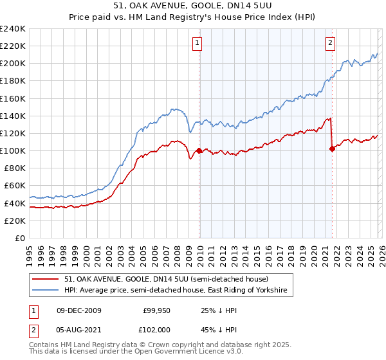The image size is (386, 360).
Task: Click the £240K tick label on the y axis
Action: point(13,29)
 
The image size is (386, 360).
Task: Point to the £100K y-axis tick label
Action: point(13,150)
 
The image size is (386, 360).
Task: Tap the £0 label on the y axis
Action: point(19,238)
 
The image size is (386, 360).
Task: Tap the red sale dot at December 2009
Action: point(199,150)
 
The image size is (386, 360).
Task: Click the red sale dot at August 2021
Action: point(332,148)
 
